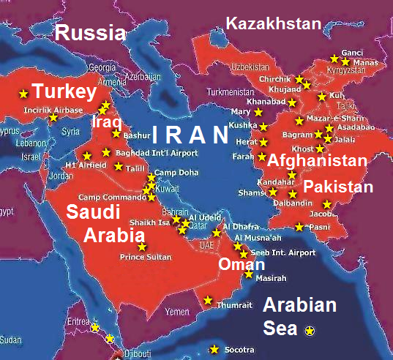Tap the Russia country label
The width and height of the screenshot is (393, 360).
tap(89, 32)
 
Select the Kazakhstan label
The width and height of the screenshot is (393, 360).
tap(274, 24)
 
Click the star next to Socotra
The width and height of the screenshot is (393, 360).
tap(214, 349)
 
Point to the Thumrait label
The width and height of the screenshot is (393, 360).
tap(234, 304)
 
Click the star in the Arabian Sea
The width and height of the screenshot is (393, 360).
tap(310, 331)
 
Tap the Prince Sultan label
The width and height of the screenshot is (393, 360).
tap(146, 257)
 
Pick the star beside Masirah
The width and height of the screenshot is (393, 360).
tap(249, 275)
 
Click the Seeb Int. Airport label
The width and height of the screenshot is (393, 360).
tap(282, 252)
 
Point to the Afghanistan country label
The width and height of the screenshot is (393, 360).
tap(317, 161)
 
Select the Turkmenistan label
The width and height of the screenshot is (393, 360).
tap(233, 93)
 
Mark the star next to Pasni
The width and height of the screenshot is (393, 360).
tap(299, 227)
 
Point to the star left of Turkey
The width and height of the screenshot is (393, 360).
tap(23, 93)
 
